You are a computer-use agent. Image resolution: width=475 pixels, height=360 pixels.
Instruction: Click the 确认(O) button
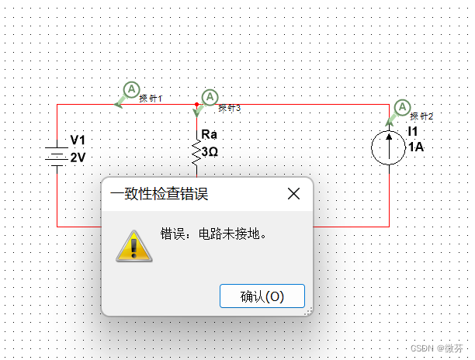click(x=262, y=296)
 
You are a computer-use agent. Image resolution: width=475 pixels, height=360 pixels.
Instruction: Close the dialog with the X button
click(x=293, y=194)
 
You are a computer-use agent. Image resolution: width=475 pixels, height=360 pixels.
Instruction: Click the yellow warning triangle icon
click(x=133, y=245)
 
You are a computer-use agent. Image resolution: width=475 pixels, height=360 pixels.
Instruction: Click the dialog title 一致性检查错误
click(x=160, y=194)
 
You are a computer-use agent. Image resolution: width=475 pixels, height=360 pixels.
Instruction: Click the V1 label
click(x=78, y=140)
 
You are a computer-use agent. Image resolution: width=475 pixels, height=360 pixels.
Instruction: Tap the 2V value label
click(x=78, y=157)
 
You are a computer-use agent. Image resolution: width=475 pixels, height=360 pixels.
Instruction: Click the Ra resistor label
click(x=208, y=135)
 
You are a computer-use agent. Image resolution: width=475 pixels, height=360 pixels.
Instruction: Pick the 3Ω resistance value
click(x=210, y=151)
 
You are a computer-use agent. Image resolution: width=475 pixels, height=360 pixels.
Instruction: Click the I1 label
click(x=414, y=132)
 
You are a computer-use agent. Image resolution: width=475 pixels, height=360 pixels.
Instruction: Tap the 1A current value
click(x=415, y=147)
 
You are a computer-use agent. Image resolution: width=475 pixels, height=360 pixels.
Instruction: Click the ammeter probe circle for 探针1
click(x=131, y=89)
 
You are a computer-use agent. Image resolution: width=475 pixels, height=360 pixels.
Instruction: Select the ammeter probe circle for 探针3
click(x=210, y=98)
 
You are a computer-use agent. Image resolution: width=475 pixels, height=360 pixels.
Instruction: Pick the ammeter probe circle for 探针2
click(x=402, y=108)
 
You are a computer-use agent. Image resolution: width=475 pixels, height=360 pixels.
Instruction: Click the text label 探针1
click(x=151, y=99)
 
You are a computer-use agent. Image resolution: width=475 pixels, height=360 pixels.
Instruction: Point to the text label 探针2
click(x=422, y=116)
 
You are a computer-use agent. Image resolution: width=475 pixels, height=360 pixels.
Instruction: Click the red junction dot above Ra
click(x=197, y=104)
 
